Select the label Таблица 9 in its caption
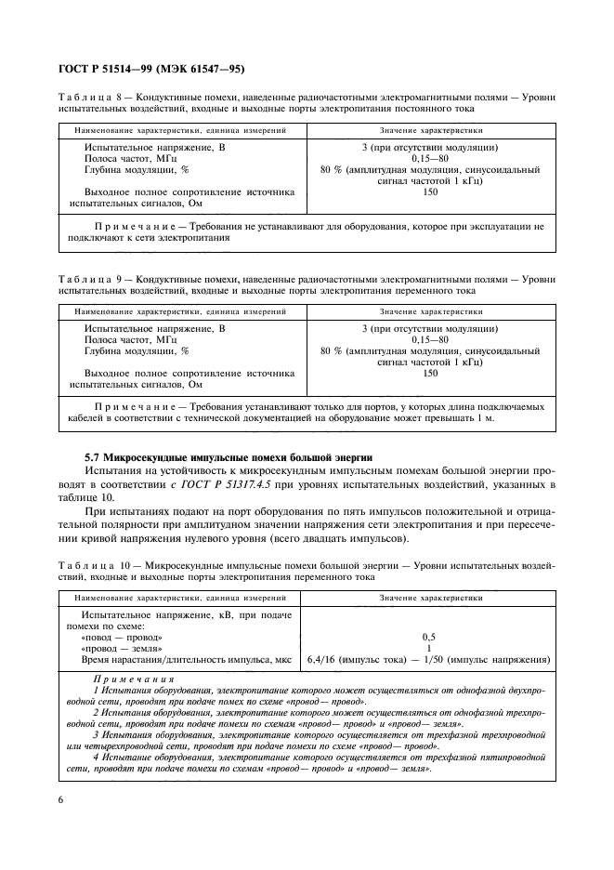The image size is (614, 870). point(89,278)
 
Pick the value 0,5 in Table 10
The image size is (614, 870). point(429,637)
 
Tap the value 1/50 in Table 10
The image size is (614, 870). point(441,659)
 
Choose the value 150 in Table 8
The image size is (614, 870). point(429,191)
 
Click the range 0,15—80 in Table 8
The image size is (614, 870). point(429,158)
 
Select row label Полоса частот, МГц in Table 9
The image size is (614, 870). point(131,340)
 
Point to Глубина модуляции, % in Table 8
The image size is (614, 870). point(137,170)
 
